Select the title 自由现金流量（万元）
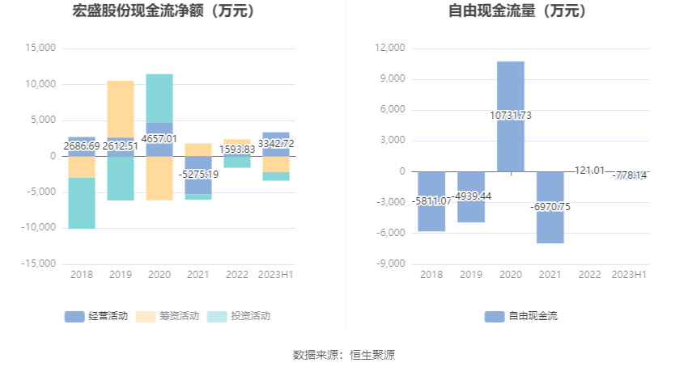(518, 11)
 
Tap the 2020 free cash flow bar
(510, 89)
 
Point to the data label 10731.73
(511, 116)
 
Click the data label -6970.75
(550, 207)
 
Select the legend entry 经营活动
(96, 316)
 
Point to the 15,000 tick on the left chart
(40, 48)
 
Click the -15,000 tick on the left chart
(38, 263)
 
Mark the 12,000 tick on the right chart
(390, 48)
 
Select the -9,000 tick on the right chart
(391, 263)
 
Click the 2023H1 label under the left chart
(276, 275)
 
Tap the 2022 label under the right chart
(589, 275)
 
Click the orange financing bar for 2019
(121, 109)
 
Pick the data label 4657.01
(159, 139)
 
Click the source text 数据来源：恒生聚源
(344, 355)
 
